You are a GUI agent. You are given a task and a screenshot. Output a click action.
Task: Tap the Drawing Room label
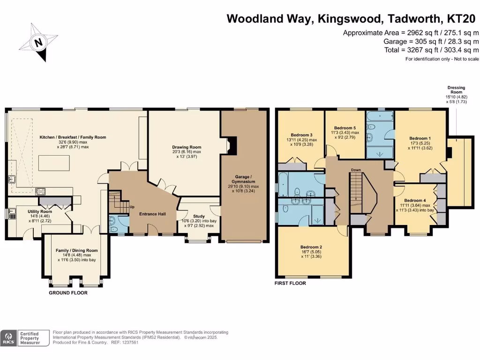[186, 147]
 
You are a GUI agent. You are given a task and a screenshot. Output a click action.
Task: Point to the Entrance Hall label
[152, 214]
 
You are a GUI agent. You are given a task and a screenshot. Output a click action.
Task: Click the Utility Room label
[29, 211]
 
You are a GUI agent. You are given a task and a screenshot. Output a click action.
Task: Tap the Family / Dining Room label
[76, 250]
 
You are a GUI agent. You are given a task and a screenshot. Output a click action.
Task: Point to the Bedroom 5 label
[345, 128]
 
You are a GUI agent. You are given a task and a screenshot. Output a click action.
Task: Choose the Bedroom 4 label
[412, 201]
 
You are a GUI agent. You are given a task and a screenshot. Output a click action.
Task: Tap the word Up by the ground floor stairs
[132, 207]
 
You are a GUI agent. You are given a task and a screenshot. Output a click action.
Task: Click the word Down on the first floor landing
[356, 170]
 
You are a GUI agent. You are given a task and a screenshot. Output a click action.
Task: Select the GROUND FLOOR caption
[68, 292]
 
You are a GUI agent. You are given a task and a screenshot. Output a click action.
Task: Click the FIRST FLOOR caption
[291, 283]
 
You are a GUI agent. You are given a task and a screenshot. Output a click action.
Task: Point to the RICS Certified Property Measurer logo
[25, 337]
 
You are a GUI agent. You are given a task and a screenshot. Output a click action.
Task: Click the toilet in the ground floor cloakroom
[112, 224]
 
